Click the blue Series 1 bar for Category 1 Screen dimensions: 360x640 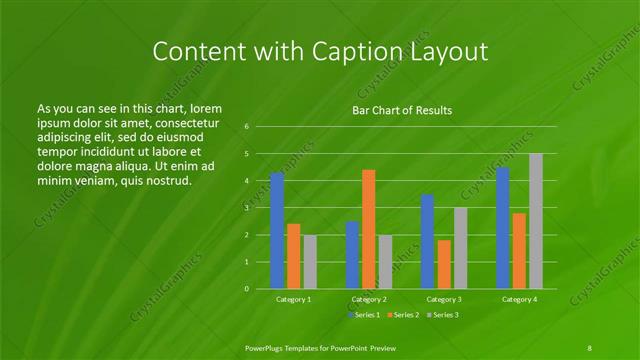pos(277,230)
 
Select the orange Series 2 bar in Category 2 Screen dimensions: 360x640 pos(369,229)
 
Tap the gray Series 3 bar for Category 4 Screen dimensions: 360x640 pos(536,221)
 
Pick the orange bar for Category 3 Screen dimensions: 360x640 pos(444,264)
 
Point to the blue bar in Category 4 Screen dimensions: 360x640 pos(503,228)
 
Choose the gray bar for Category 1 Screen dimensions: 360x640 pos(310,262)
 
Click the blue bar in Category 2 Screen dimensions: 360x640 pos(352,255)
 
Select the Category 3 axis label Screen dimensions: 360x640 pos(444,299)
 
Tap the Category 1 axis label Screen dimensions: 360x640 pos(294,299)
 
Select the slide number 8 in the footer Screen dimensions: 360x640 pos(589,347)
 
